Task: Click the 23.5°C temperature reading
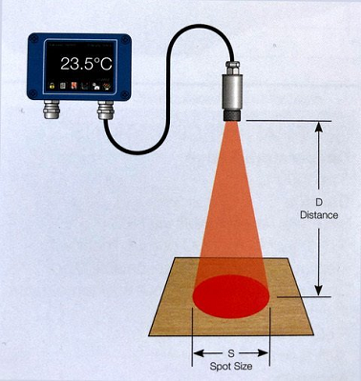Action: point(86,64)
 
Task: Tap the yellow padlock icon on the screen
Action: point(52,86)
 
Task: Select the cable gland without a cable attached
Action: point(51,109)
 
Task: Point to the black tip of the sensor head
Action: point(232,115)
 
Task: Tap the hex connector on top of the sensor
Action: point(232,68)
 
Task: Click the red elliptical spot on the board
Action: point(231,296)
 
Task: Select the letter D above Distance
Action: point(318,202)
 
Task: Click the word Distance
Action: point(319,215)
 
